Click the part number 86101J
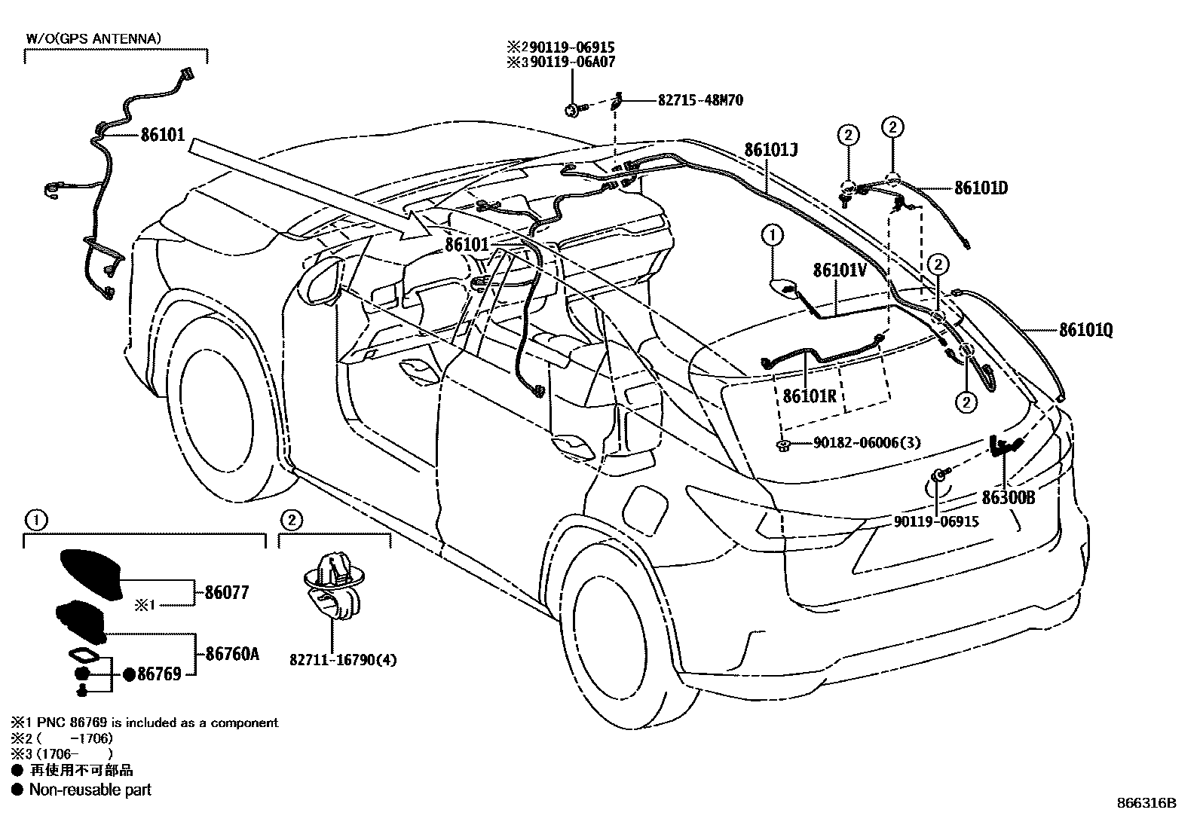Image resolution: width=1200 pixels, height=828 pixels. (x=771, y=150)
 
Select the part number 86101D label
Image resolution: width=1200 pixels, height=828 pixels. (x=981, y=188)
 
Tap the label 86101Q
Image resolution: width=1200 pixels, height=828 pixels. (x=1085, y=329)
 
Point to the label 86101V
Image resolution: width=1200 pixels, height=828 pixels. (x=840, y=269)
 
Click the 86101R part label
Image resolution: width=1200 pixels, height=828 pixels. (x=810, y=396)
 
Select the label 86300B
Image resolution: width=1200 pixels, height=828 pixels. (x=1008, y=498)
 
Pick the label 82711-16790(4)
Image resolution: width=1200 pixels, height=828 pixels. (x=342, y=660)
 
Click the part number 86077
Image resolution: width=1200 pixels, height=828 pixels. (x=227, y=593)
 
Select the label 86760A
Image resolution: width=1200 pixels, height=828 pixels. (x=231, y=654)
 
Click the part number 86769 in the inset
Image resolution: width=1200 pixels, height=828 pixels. (x=159, y=674)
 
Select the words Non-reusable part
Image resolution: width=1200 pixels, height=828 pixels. (x=90, y=790)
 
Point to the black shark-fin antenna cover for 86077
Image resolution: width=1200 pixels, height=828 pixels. (x=90, y=574)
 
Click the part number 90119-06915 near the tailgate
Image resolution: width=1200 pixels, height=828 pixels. (x=936, y=521)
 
